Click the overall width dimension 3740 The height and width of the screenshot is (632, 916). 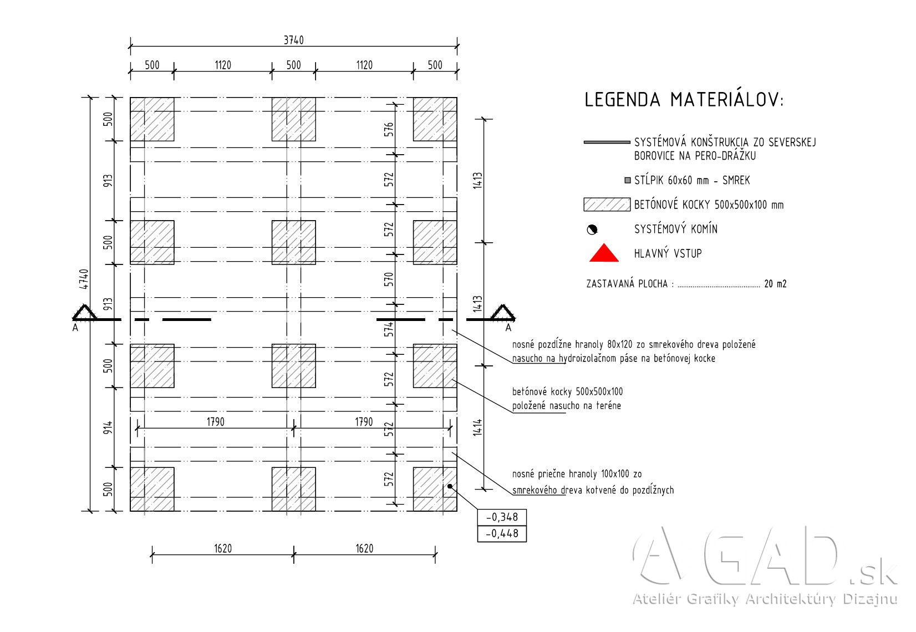[294, 40]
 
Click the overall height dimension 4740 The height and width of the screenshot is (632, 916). [84, 279]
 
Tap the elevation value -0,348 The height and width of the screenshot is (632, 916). [502, 517]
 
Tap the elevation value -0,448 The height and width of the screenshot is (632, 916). [502, 533]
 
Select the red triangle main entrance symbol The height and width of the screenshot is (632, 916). [604, 253]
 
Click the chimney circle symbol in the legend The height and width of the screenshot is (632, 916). [592, 230]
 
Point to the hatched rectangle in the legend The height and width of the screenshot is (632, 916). [607, 205]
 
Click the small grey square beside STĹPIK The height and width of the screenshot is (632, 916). [628, 180]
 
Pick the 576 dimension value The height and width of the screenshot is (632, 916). [389, 129]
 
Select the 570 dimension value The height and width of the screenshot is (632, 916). [389, 279]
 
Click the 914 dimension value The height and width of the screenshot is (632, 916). [108, 427]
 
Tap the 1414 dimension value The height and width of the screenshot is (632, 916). [477, 427]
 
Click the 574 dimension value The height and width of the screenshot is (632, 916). [389, 329]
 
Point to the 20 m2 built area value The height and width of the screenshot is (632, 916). [775, 284]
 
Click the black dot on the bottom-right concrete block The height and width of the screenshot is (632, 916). [450, 486]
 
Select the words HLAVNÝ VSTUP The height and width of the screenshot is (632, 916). [668, 253]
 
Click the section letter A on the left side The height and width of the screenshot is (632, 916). [75, 328]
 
